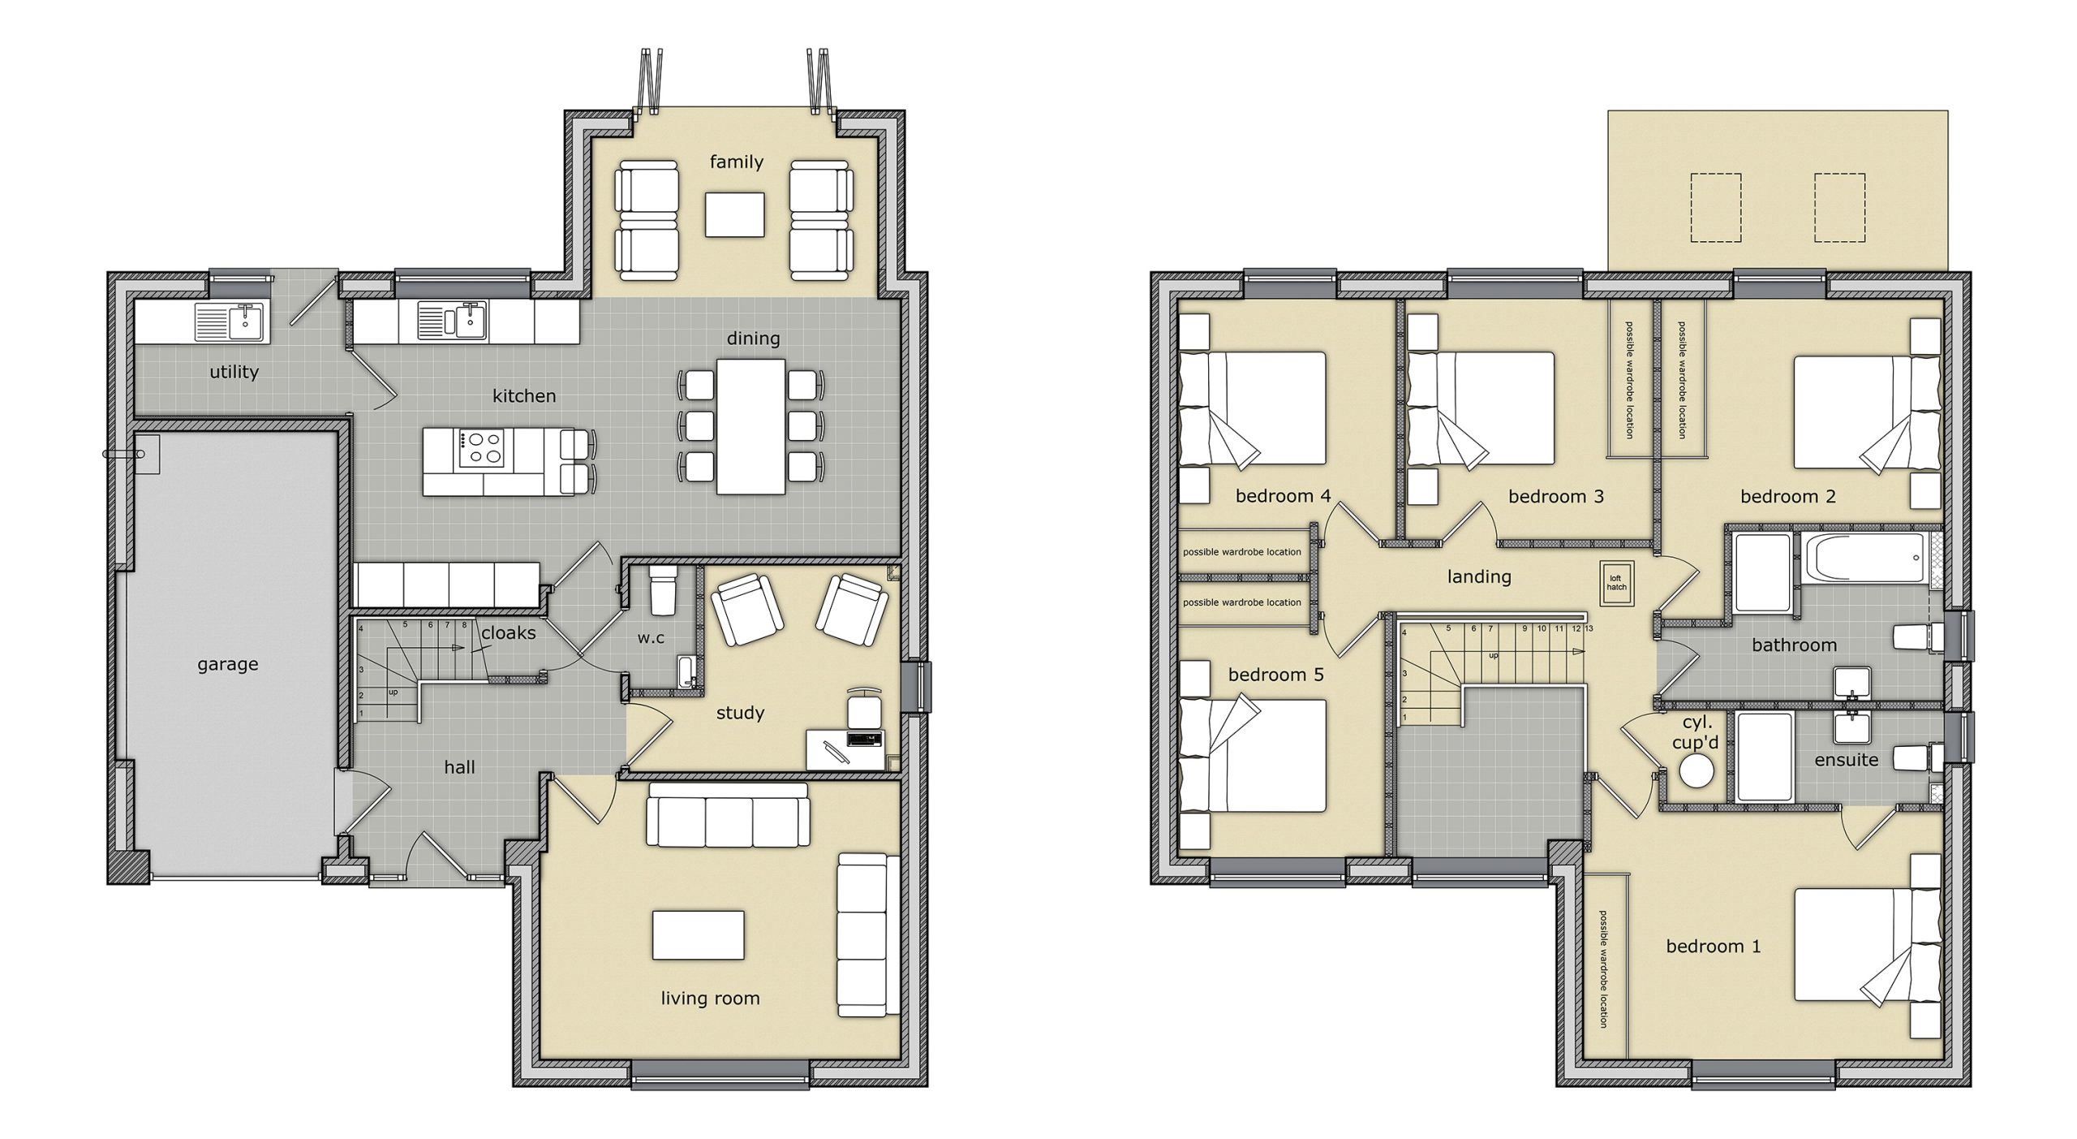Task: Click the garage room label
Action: tap(227, 664)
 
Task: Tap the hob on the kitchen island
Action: tap(480, 449)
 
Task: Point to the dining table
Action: tap(750, 426)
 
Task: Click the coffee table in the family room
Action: tap(734, 214)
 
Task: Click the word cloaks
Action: tap(508, 632)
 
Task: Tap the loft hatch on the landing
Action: tap(1616, 583)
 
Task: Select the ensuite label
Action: tap(1846, 760)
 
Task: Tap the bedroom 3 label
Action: tap(1555, 496)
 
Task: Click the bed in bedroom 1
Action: tap(1866, 956)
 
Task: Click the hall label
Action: tap(459, 767)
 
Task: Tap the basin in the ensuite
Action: tap(1852, 727)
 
